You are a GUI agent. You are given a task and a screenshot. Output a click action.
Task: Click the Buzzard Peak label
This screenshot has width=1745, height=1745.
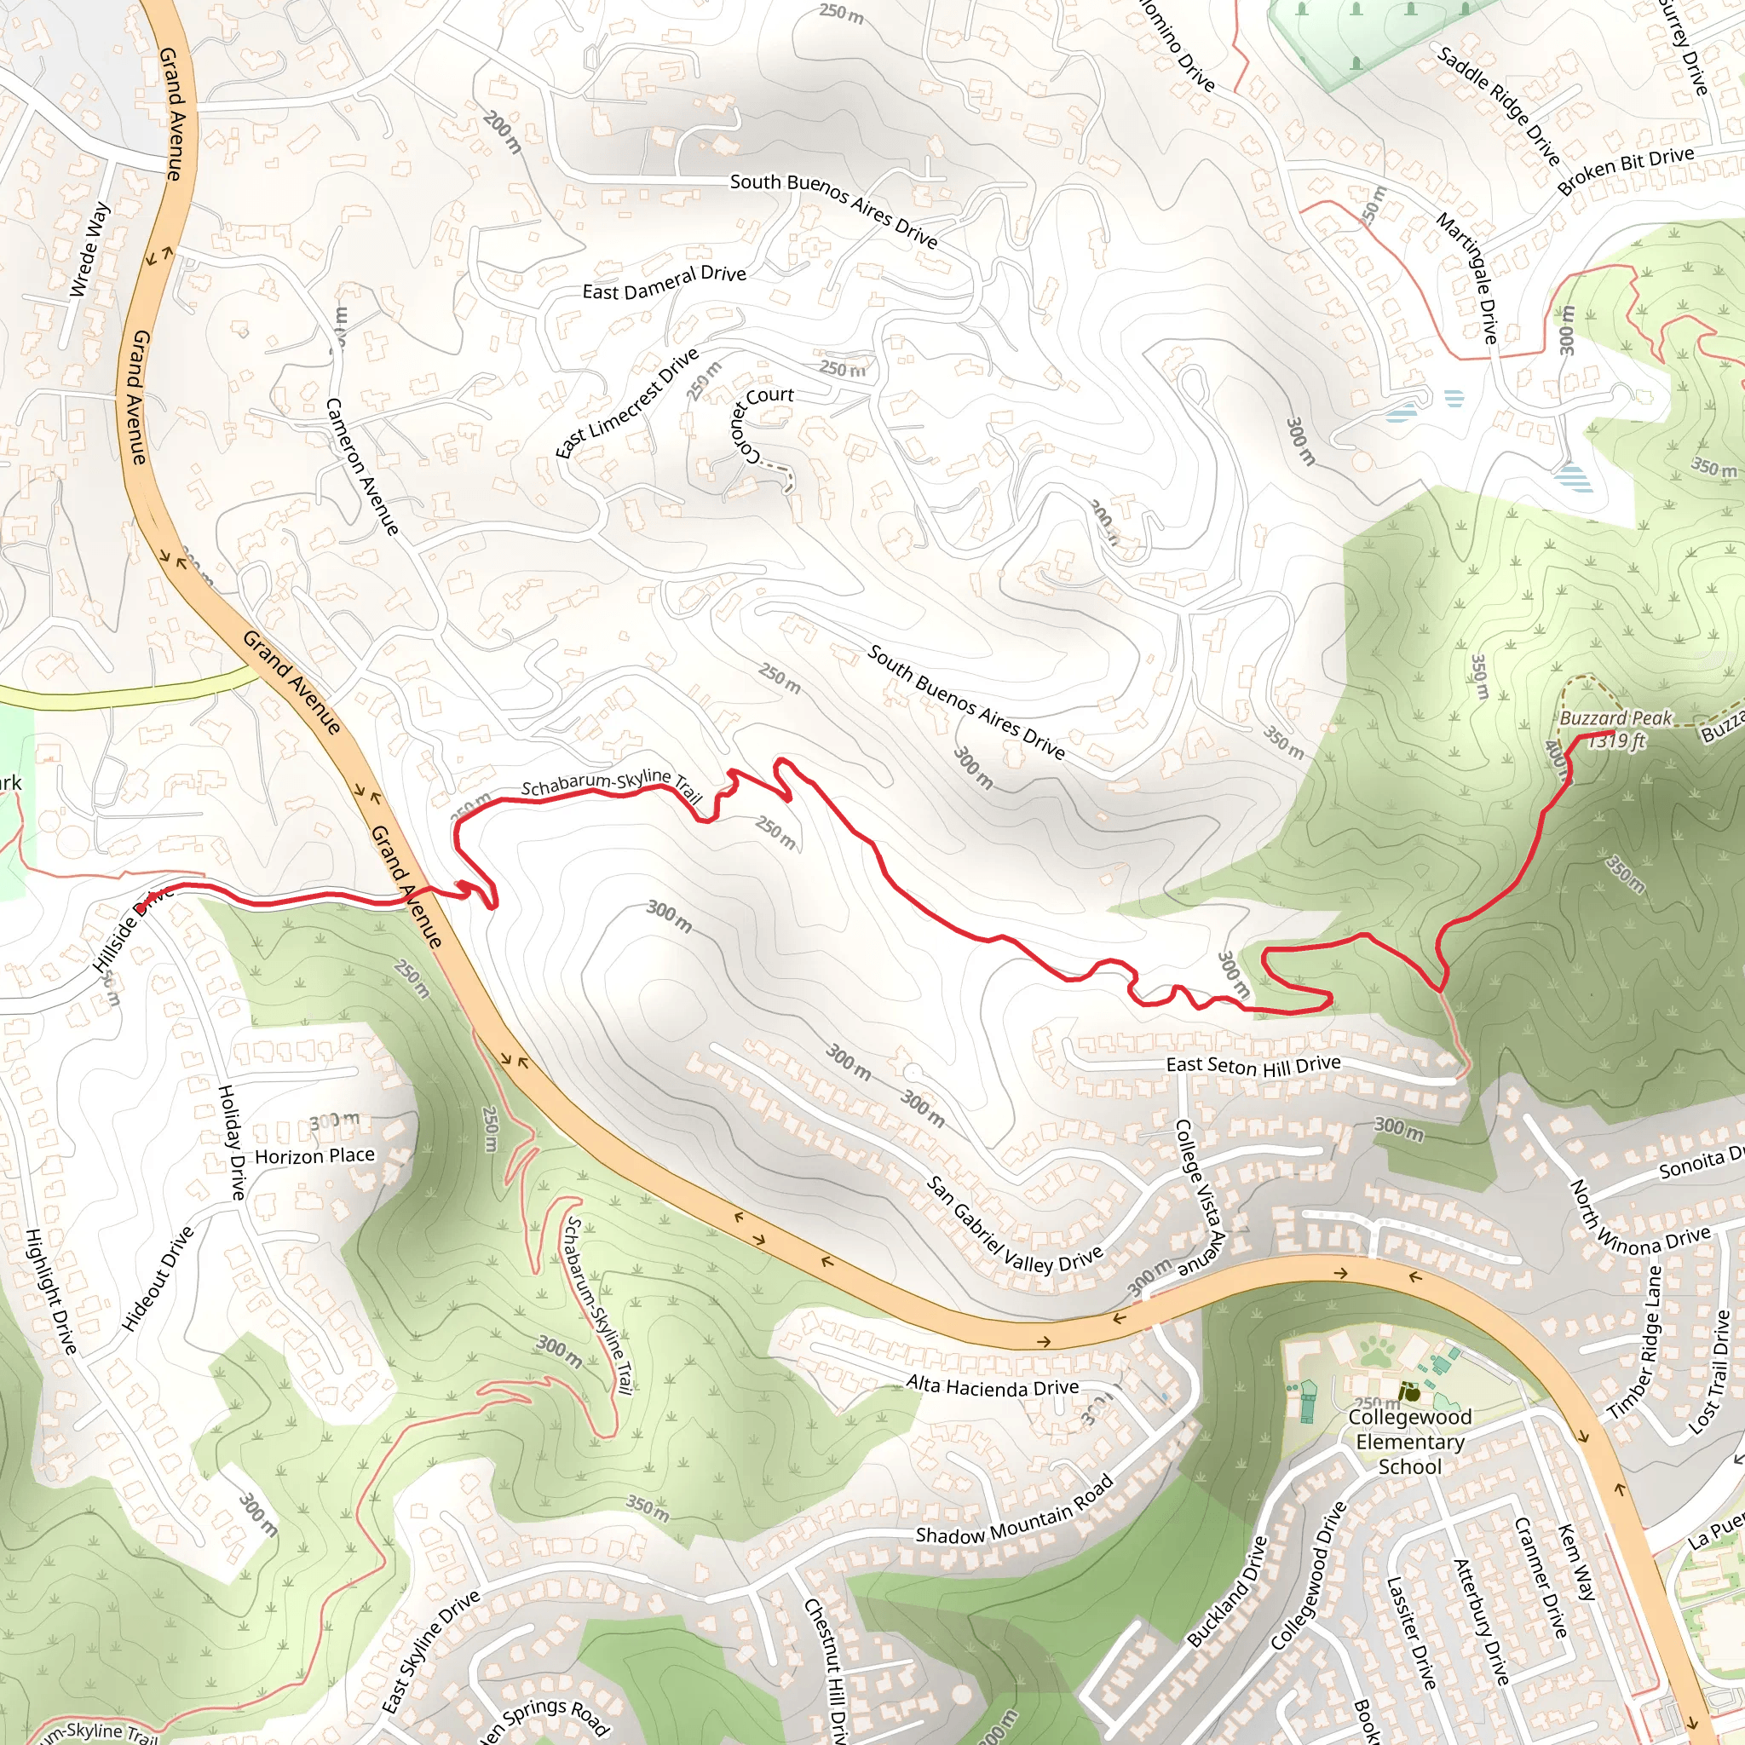(x=1615, y=718)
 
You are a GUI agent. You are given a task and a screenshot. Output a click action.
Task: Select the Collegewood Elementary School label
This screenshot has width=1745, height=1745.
(x=1409, y=1442)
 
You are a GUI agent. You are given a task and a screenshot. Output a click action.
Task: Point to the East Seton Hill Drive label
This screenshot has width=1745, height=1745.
(x=1253, y=1066)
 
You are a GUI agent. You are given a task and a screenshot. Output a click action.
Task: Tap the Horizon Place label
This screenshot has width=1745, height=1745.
(x=314, y=1156)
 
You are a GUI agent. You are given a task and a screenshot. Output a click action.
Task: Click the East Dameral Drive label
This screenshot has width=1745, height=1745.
(x=664, y=283)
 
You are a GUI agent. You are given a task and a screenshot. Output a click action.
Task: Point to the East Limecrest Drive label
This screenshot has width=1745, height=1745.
(x=627, y=403)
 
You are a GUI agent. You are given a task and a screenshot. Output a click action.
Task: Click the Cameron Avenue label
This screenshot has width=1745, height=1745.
(x=361, y=466)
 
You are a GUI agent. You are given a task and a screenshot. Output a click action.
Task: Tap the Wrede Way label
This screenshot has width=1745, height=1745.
(x=89, y=251)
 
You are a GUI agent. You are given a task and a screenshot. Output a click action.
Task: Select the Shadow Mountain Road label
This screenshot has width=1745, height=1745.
(x=1013, y=1511)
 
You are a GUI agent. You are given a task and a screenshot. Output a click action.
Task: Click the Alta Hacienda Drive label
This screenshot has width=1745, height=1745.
(x=992, y=1385)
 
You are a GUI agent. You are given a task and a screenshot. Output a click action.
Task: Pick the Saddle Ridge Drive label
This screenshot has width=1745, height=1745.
(x=1498, y=107)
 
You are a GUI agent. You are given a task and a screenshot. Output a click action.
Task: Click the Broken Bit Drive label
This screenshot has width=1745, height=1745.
(x=1625, y=170)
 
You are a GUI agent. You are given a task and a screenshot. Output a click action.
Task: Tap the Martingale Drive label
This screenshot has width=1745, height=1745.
(x=1468, y=277)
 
